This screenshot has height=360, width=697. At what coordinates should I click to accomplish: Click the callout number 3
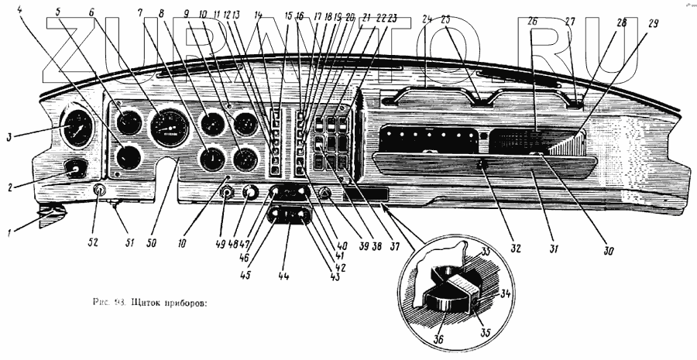coord(10,138)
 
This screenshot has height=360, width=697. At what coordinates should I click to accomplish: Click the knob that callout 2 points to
coord(75,167)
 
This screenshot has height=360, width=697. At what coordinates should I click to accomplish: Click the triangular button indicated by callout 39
coord(325,194)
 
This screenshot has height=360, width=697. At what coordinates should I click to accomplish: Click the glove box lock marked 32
coord(482,164)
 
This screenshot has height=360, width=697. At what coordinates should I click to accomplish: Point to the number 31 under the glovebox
coord(533,251)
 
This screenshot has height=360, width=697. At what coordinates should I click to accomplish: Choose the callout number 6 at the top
coord(92,12)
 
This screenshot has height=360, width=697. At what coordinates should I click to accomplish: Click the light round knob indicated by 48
coord(250,193)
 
